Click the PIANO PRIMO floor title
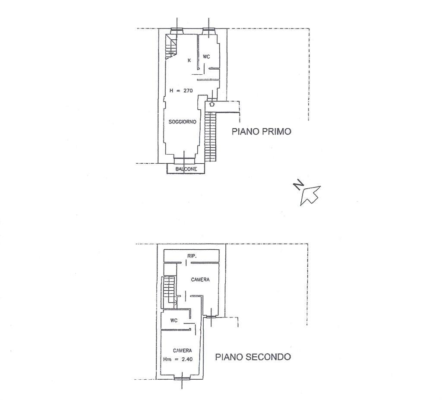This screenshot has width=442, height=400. pos(261,131)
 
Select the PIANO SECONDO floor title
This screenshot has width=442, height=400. pos(253,357)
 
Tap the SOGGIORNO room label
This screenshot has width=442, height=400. pos(183,122)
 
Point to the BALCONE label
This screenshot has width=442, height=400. pos(186,169)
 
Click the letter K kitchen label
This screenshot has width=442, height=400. pos(189,60)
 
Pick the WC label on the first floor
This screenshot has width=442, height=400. pos(206,57)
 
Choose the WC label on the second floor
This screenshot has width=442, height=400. pos(174,321)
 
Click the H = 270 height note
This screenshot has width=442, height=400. pos(181,91)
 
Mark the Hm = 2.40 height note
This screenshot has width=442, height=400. pos(178,359)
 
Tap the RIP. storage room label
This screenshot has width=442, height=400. pos(192,256)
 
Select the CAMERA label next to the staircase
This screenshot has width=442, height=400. pos(200,279)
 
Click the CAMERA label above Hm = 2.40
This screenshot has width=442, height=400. pos(183,351)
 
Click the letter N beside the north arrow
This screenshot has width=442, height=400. pos(298,185)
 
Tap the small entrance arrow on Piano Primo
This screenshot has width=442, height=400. pos(212,104)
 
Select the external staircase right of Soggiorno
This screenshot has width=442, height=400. pos(210,137)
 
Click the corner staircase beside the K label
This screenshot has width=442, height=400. pos(171,47)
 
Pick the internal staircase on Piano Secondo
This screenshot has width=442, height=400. pos(169,292)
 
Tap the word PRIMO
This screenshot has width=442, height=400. pos(277,131)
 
